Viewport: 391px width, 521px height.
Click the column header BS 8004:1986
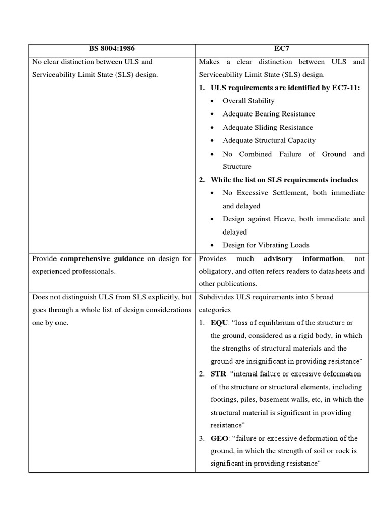(x=111, y=49)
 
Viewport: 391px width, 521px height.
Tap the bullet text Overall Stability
(x=248, y=101)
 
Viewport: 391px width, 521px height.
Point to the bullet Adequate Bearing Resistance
(x=268, y=114)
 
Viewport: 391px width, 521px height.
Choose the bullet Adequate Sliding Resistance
(x=267, y=127)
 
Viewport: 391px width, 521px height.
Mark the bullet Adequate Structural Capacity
(x=269, y=140)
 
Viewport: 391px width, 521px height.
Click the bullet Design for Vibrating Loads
(x=265, y=245)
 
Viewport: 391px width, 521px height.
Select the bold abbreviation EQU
(x=219, y=323)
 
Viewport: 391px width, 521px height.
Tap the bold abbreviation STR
(x=219, y=374)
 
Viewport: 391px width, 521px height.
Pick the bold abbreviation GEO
(x=219, y=438)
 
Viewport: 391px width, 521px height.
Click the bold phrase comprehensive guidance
(x=102, y=258)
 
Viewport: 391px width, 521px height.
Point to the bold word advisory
(x=277, y=258)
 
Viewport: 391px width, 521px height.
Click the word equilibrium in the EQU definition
(x=273, y=323)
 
